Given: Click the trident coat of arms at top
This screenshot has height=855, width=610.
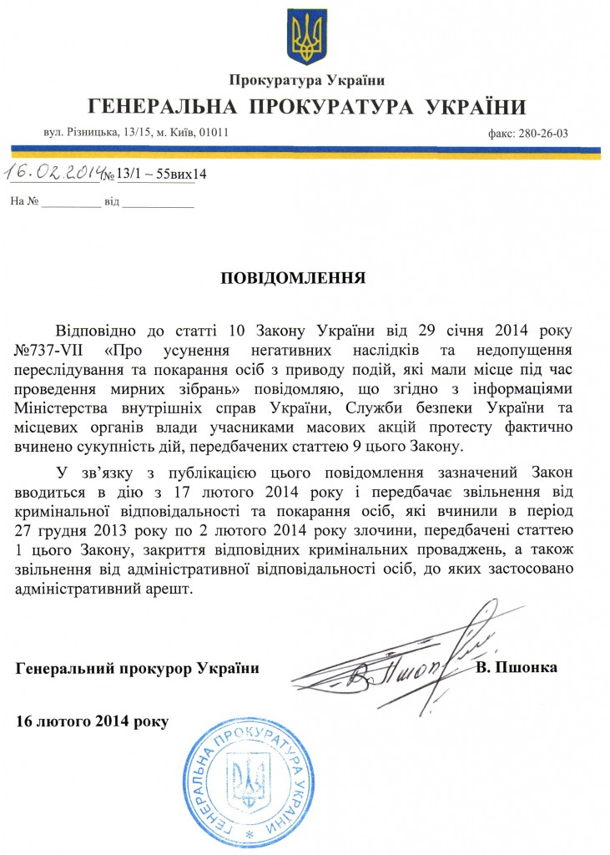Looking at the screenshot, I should [306, 36].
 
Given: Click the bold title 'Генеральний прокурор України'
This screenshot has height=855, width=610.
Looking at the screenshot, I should [137, 669].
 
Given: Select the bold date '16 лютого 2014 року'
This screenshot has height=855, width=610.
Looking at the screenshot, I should [92, 719].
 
